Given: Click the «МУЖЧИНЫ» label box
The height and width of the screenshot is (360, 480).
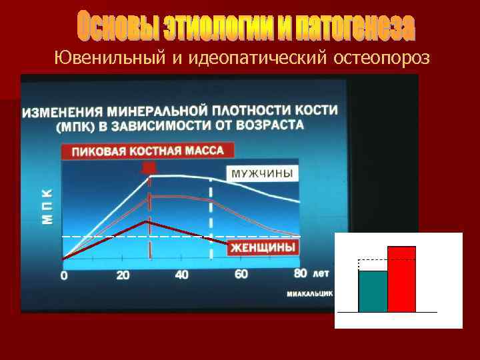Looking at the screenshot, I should pyautogui.click(x=262, y=173).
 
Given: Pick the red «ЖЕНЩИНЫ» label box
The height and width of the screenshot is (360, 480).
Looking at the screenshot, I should pyautogui.click(x=263, y=247).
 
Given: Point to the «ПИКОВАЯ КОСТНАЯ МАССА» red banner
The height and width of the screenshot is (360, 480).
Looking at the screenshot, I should pyautogui.click(x=147, y=151).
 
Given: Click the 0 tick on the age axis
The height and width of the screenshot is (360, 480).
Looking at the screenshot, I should pyautogui.click(x=64, y=275).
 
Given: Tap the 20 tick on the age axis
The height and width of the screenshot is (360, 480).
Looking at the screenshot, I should pyautogui.click(x=123, y=275).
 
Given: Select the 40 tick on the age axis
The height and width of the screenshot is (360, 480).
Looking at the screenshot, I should pyautogui.click(x=181, y=274).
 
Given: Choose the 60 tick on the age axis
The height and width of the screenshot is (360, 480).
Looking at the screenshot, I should pyautogui.click(x=241, y=273).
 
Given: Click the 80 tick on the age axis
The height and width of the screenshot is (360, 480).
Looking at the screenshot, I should pyautogui.click(x=300, y=273).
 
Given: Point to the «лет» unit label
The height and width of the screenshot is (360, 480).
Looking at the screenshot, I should pyautogui.click(x=321, y=273).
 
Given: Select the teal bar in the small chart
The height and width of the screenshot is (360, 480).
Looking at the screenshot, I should pyautogui.click(x=373, y=291).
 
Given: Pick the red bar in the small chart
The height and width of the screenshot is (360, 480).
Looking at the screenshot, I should pyautogui.click(x=401, y=279).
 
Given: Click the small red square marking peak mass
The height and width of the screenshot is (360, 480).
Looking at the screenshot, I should pyautogui.click(x=150, y=167).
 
